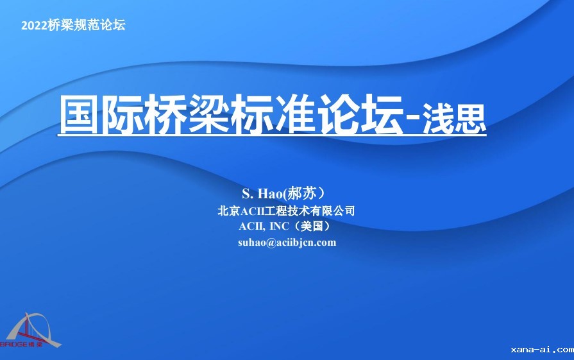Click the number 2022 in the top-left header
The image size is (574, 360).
(34, 25)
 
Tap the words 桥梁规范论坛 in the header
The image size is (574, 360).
(87, 25)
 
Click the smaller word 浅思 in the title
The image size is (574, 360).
(454, 118)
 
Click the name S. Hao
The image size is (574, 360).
(262, 194)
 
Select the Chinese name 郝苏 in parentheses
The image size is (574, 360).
(301, 193)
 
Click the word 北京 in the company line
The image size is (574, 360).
(229, 211)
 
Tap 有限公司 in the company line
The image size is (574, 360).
(332, 211)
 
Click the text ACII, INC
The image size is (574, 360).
(264, 227)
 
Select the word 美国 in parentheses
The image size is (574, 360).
(312, 226)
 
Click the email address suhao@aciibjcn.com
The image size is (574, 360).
(287, 243)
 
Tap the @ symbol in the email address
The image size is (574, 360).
(271, 243)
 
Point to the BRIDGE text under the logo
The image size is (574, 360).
(14, 344)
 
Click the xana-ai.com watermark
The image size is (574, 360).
(542, 350)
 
